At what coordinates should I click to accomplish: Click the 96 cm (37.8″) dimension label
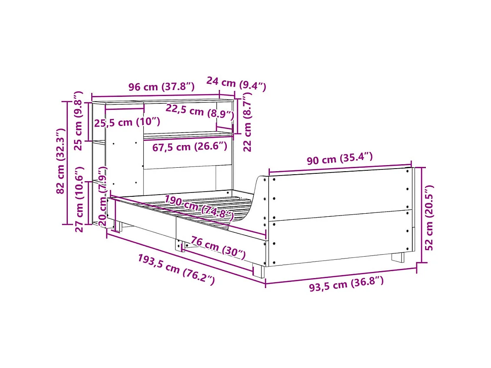[161, 87]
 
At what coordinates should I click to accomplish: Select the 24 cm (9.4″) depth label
[236, 84]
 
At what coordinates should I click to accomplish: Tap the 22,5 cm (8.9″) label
[200, 112]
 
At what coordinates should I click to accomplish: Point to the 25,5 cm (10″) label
[127, 122]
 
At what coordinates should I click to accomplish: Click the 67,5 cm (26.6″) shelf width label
[189, 146]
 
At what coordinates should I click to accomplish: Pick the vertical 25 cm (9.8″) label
[78, 120]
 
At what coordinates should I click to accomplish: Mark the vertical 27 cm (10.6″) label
[79, 199]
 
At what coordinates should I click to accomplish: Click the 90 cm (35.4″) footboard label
[339, 159]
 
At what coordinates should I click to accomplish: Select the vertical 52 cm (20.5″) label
[429, 217]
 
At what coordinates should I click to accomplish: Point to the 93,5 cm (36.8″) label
[346, 285]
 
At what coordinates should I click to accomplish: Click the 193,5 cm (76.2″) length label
[176, 270]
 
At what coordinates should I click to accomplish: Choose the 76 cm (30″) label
[218, 247]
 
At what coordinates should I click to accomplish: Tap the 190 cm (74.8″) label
[199, 207]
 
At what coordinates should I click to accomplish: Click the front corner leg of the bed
[259, 270]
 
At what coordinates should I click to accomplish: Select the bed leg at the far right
[398, 257]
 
